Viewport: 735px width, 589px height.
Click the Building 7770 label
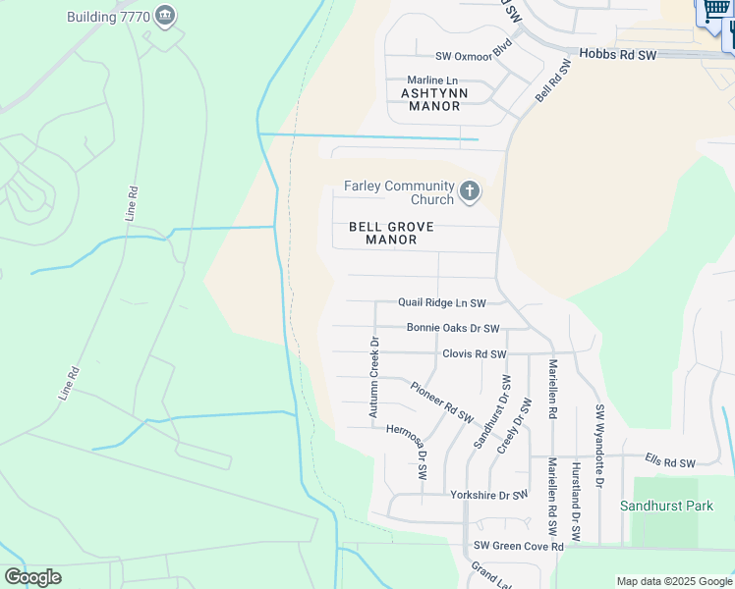pyautogui.click(x=106, y=17)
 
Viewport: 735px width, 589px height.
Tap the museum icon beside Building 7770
pyautogui.click(x=165, y=16)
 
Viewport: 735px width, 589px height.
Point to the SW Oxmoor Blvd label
pyautogui.click(x=474, y=56)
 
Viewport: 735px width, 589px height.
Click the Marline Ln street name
pyautogui.click(x=432, y=80)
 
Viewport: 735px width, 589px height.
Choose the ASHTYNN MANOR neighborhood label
pyautogui.click(x=431, y=99)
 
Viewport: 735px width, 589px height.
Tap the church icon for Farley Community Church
pyautogui.click(x=470, y=191)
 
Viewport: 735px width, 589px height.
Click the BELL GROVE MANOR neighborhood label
pyautogui.click(x=391, y=233)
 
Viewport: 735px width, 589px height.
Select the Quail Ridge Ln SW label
pyautogui.click(x=442, y=303)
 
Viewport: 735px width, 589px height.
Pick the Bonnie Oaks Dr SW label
pyautogui.click(x=453, y=329)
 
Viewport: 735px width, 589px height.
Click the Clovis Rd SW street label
pyautogui.click(x=474, y=353)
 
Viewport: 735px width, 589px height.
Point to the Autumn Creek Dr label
pyautogui.click(x=374, y=378)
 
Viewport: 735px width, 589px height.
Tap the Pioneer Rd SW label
pyautogui.click(x=442, y=402)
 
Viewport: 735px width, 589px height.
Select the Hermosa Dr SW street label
pyautogui.click(x=408, y=450)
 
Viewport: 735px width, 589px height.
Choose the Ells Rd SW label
pyautogui.click(x=669, y=462)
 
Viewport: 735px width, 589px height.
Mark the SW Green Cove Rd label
pyautogui.click(x=518, y=546)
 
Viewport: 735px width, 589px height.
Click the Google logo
pyautogui.click(x=32, y=577)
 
